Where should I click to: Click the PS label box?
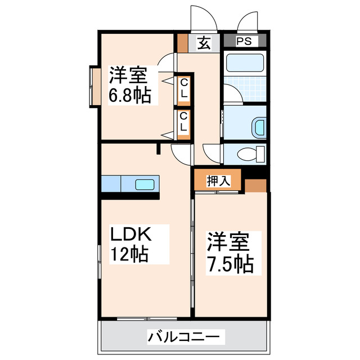pyautogui.click(x=244, y=41)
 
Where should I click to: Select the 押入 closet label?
pyautogui.click(x=217, y=181)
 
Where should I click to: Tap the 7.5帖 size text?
pyautogui.click(x=228, y=263)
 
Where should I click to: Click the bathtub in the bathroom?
pyautogui.click(x=245, y=64)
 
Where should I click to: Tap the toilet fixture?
pyautogui.click(x=251, y=153)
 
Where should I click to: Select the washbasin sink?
pyautogui.click(x=258, y=127)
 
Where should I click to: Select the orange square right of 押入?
pyautogui.click(x=256, y=186)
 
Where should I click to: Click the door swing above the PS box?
pyautogui.click(x=248, y=20)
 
